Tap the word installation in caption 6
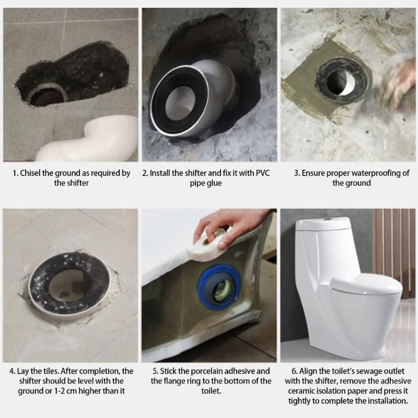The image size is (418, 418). (385, 401)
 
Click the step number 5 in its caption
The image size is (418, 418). (156, 370)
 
